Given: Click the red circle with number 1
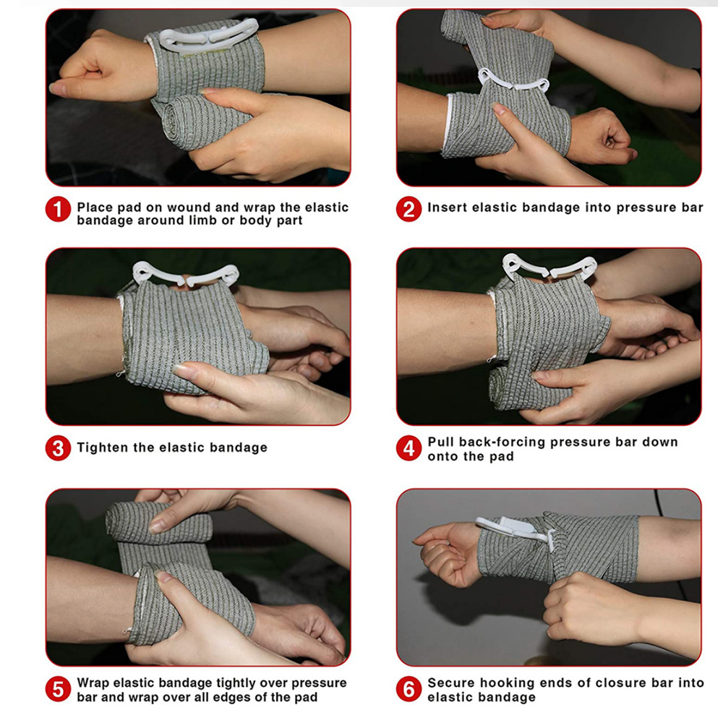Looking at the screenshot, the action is coord(58,209).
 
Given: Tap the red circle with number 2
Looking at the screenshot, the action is coord(408,209).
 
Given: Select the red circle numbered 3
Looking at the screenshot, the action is coord(58,448).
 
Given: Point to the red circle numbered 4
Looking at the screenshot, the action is coord(408,448).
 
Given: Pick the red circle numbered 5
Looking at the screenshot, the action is coord(58,689).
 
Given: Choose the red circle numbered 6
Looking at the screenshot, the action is coord(408,689).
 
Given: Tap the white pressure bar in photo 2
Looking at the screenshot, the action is coord(514,80).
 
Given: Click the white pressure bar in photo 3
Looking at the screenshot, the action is coord(185,274).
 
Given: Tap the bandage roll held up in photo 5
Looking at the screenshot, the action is coord(158,523).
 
